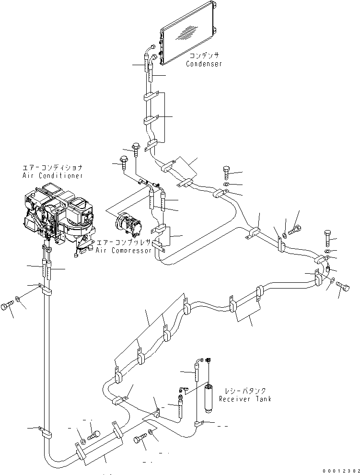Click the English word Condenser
coord(204,64)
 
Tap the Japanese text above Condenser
coord(204,56)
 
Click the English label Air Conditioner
coord(52,176)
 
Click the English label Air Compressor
coord(124,250)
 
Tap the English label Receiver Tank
coord(245,399)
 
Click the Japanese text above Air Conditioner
coord(52,168)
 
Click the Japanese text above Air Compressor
coord(124,243)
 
